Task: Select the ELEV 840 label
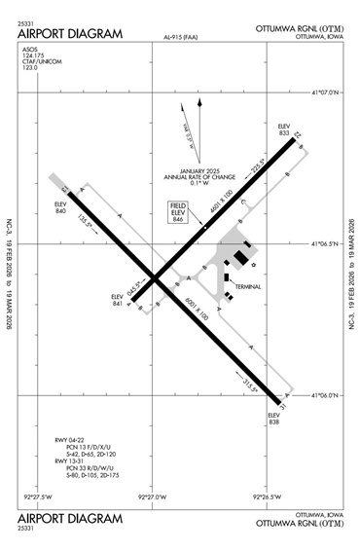coord(60,207)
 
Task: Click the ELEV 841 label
coord(118,301)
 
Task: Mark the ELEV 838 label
coord(273,420)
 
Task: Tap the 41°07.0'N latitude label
coord(328,94)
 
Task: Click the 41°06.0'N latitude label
coord(328,395)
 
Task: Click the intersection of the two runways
coord(155,277)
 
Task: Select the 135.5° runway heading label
coord(85,221)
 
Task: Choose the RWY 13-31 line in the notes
coord(71,460)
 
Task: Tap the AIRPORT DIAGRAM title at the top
coord(69,34)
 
